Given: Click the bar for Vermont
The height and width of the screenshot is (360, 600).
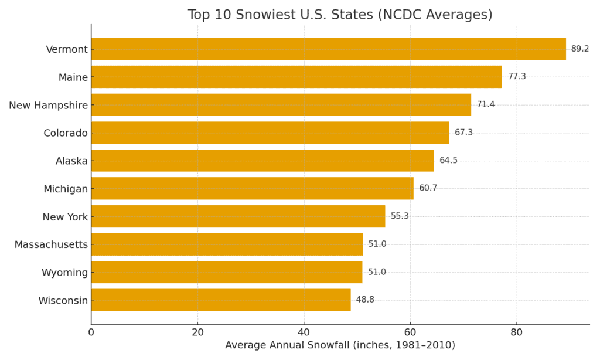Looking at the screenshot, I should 328,49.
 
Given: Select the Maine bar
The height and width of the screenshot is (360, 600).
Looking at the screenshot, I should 296,77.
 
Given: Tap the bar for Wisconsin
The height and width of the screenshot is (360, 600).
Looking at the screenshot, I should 221,300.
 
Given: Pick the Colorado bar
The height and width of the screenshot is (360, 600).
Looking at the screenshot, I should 270,133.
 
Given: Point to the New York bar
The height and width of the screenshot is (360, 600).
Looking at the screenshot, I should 238,216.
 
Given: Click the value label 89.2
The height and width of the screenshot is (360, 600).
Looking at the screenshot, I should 580,49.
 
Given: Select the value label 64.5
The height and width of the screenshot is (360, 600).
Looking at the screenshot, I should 448,161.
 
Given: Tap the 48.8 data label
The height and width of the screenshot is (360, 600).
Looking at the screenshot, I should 365,300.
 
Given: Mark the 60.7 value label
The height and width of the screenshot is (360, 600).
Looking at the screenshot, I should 428,188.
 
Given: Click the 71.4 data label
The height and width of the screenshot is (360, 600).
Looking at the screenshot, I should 486,105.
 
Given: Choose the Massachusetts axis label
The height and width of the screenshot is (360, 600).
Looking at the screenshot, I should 51,244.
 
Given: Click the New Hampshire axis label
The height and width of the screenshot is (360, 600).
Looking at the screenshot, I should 48,106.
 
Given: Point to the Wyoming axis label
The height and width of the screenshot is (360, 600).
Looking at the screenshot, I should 64,273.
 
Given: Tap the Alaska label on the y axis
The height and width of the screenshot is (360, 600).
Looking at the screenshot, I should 71,161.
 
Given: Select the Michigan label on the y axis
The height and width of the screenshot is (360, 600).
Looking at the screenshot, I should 66,189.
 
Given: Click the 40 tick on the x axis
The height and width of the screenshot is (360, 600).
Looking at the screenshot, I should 304,332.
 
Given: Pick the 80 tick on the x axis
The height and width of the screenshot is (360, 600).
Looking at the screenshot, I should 516,332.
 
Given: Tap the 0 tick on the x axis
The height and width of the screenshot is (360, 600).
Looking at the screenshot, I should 91,332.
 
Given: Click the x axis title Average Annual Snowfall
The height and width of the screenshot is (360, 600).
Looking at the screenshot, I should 340,346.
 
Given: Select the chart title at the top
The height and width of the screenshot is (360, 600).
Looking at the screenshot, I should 340,15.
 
